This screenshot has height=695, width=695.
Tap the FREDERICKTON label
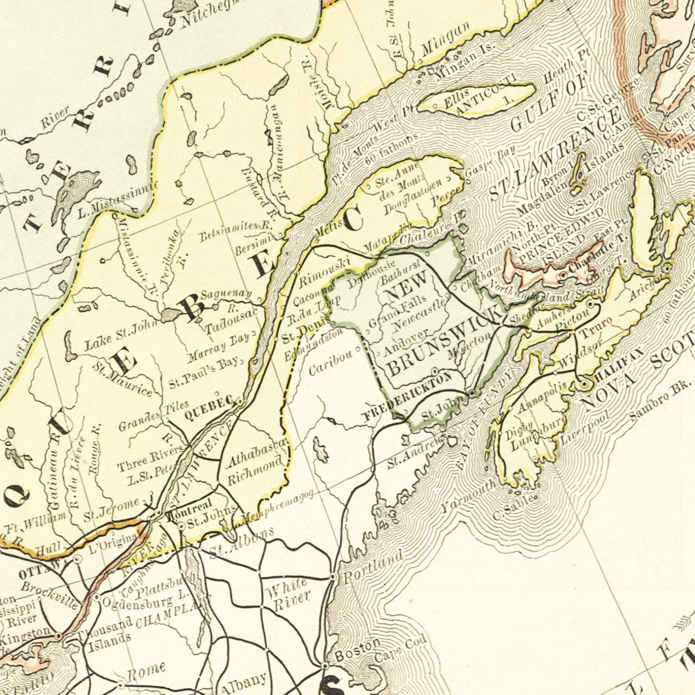[x=407, y=394]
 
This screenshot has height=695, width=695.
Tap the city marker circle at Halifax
[x=584, y=384]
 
